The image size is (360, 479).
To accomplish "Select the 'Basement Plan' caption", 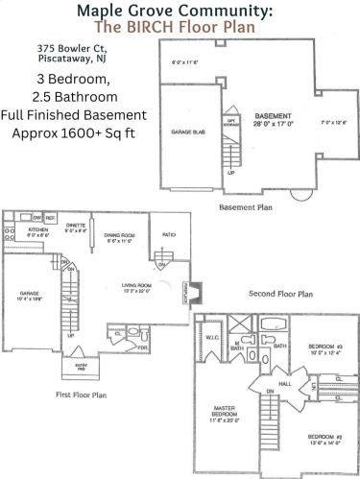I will point(246,205).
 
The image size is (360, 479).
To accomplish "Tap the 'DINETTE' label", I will point(76,227).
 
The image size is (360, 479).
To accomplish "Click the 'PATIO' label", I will point(169,233).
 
